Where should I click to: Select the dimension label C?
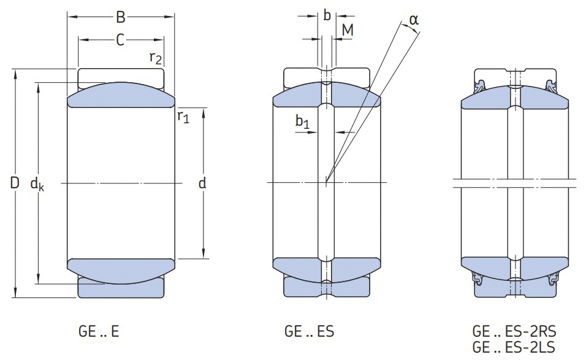tap(121, 40)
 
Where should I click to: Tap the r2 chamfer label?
tap(156, 58)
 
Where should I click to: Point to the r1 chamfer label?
tap(183, 116)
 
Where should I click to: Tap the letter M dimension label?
tap(347, 29)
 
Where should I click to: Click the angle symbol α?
tap(414, 20)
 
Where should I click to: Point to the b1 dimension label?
tap(302, 123)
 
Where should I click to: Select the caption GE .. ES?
tap(309, 332)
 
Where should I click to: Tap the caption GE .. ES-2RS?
tap(513, 332)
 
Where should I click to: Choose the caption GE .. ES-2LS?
tap(513, 348)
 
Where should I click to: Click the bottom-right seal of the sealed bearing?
tap(554, 279)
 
